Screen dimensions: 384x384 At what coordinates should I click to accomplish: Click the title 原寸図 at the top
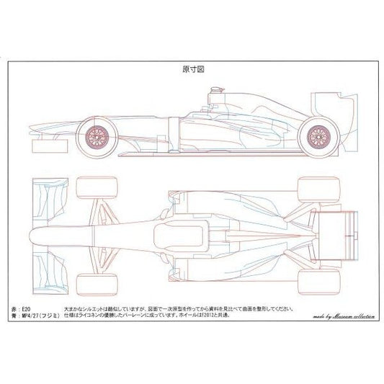(x=192, y=71)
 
